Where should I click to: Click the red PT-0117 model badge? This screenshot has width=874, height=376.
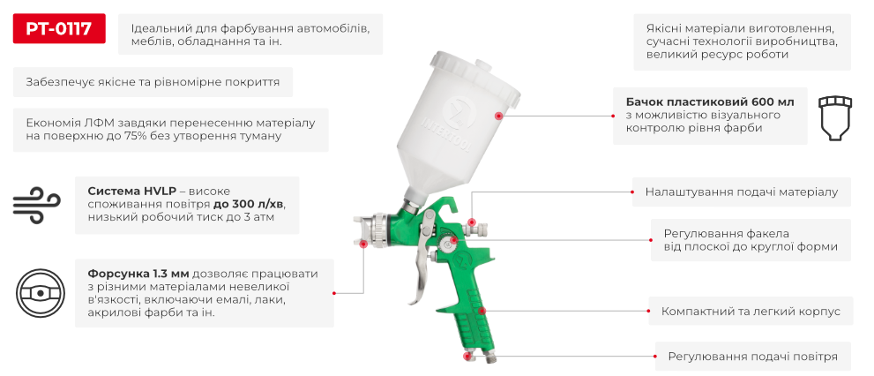coord(59,30)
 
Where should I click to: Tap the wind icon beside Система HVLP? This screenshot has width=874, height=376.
coord(37,205)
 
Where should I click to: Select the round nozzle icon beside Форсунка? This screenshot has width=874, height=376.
coord(37,294)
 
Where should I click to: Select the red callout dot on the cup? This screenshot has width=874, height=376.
coord(499,116)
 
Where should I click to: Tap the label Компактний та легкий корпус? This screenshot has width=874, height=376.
coord(751,311)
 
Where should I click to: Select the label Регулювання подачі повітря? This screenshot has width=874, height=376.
coord(752,357)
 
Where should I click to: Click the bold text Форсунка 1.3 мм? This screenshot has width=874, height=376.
coord(138,273)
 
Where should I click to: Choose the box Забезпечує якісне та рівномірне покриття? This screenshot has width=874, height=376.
coord(153,82)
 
